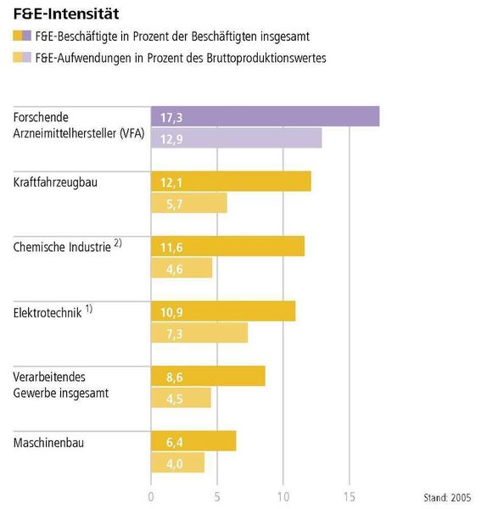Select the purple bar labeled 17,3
click(265, 116)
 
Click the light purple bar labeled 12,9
click(236, 137)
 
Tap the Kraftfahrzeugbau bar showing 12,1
click(231, 182)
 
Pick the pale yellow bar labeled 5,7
click(188, 203)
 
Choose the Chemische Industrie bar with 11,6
click(227, 246)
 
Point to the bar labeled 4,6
click(182, 267)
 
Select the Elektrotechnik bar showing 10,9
click(223, 311)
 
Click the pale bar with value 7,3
click(199, 333)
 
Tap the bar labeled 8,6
click(208, 376)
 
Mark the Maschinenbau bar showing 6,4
click(193, 441)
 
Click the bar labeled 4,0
click(177, 462)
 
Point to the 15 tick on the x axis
click(350, 495)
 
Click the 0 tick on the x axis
click(151, 495)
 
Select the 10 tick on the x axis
click(283, 495)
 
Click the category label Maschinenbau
click(49, 442)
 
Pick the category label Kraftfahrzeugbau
click(56, 182)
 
